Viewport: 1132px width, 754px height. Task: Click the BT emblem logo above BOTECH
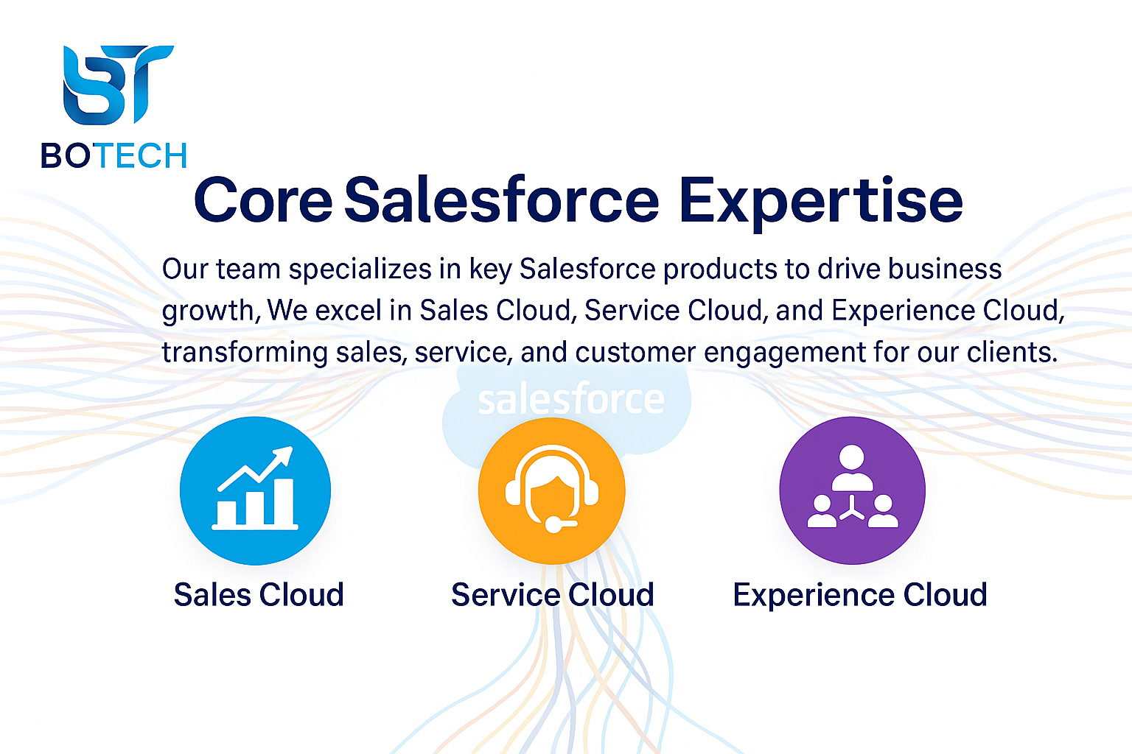pyautogui.click(x=118, y=85)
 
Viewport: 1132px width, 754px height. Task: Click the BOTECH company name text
pyautogui.click(x=113, y=155)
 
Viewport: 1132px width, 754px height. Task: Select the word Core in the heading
pyautogui.click(x=263, y=200)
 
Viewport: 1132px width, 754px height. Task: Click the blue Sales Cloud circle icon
pyautogui.click(x=255, y=490)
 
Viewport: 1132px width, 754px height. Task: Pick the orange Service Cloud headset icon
pyautogui.click(x=552, y=490)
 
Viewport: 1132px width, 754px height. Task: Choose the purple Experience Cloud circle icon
pyautogui.click(x=853, y=490)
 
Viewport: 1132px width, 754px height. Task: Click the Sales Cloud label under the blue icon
pyautogui.click(x=259, y=594)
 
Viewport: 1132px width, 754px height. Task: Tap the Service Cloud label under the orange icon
pyautogui.click(x=553, y=594)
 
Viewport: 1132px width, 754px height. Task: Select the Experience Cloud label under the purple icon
pyautogui.click(x=860, y=595)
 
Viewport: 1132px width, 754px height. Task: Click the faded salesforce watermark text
pyautogui.click(x=571, y=399)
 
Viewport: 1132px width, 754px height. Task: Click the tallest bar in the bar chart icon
pyautogui.click(x=283, y=502)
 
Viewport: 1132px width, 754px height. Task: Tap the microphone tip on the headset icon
pyautogui.click(x=553, y=525)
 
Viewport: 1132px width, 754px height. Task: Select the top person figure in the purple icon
pyautogui.click(x=852, y=468)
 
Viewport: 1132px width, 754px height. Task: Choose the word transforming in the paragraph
pyautogui.click(x=245, y=353)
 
